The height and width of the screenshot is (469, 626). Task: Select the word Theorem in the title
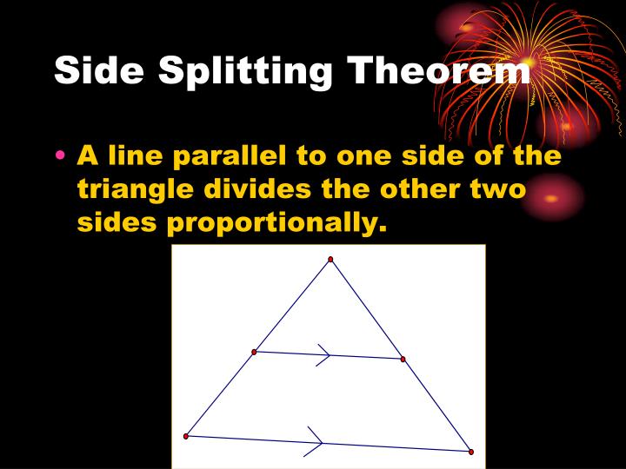click(439, 70)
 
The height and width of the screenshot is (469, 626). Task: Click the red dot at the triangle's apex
click(330, 259)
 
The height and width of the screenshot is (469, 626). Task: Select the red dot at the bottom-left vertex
click(186, 436)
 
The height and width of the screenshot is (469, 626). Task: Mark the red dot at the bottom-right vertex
click(470, 452)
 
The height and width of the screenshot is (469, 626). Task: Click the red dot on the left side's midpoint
click(254, 352)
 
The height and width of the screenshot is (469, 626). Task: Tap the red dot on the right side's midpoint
click(403, 359)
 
